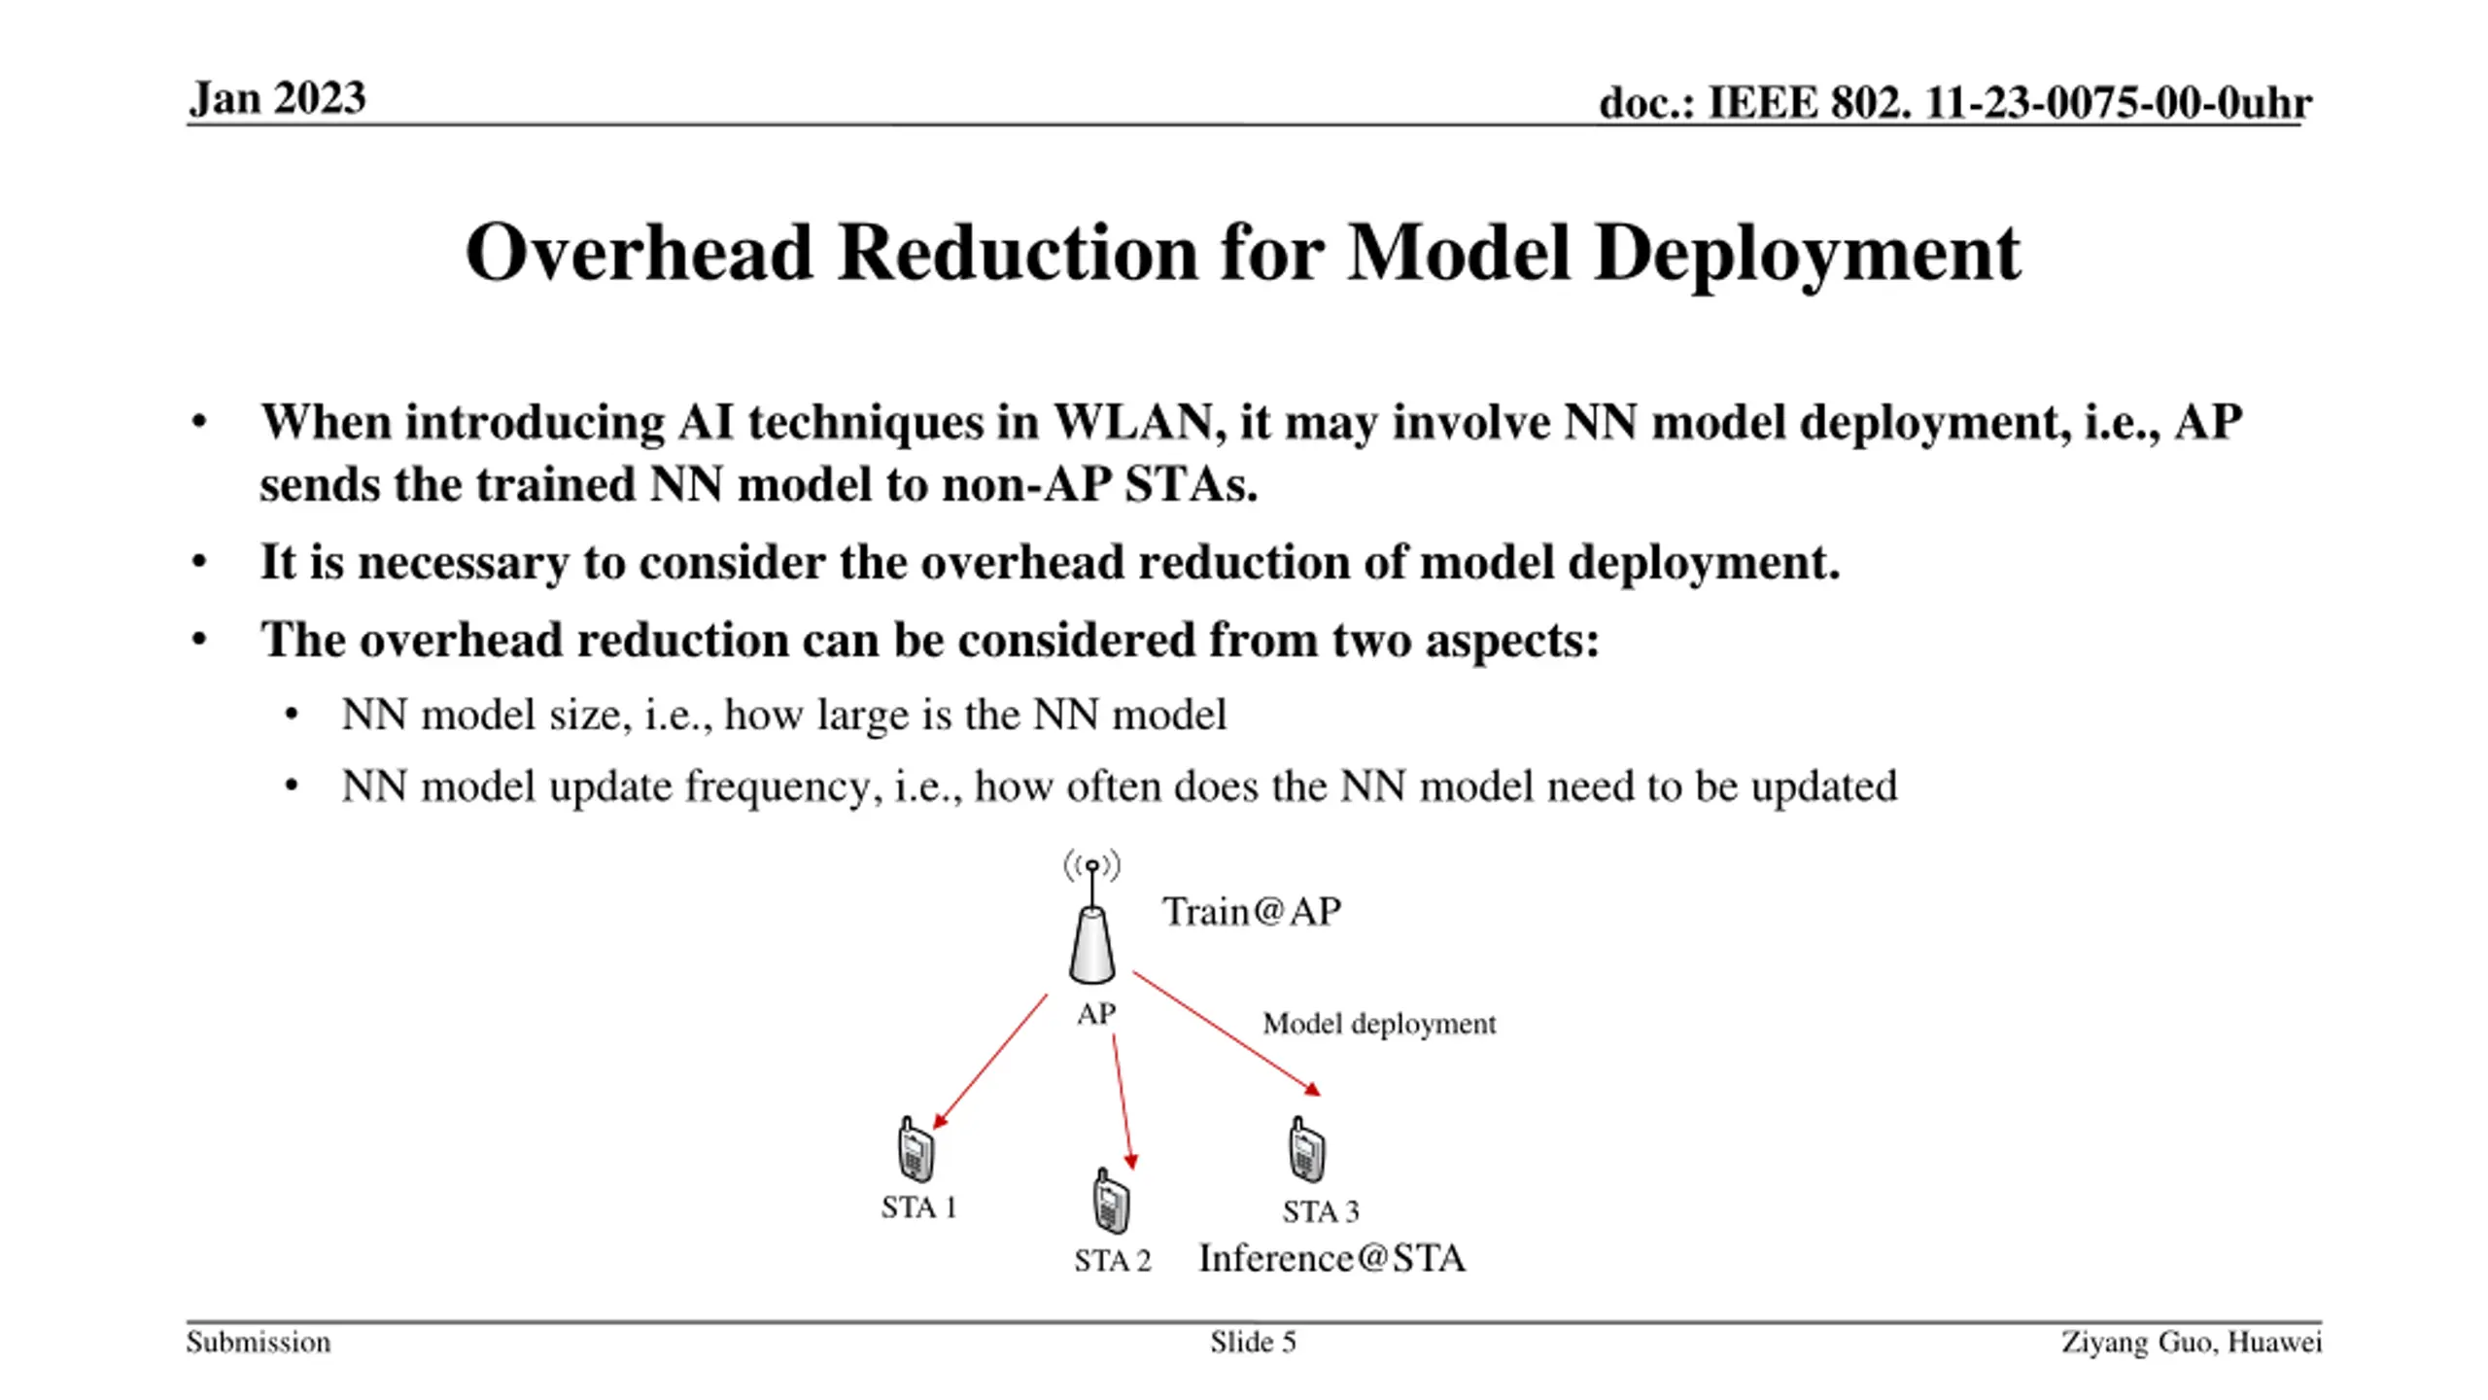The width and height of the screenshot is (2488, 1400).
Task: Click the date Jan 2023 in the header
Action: (x=277, y=98)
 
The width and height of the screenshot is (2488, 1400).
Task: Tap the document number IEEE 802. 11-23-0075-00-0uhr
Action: (x=1954, y=103)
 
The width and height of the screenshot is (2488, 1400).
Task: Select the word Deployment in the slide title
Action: (x=1808, y=253)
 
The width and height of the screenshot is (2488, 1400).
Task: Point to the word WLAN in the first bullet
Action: (x=1133, y=422)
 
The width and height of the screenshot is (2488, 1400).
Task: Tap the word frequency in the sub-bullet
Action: (x=777, y=786)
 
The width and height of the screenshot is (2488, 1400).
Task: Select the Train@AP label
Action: (x=1252, y=912)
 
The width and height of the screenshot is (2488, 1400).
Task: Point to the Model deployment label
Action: (x=1378, y=1024)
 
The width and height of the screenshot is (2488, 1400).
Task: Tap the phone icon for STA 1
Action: (x=915, y=1149)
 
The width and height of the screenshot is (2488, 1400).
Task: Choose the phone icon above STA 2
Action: (x=1110, y=1202)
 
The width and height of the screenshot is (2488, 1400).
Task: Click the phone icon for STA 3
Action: (x=1306, y=1149)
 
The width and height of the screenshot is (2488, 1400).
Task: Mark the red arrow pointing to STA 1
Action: (x=989, y=1062)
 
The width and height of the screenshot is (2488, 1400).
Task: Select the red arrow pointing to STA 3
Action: (x=1226, y=1032)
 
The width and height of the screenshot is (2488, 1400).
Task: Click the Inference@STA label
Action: (x=1331, y=1258)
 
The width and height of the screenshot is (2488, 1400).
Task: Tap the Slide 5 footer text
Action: (x=1253, y=1343)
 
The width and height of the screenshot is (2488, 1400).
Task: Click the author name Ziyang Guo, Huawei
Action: (x=2191, y=1343)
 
